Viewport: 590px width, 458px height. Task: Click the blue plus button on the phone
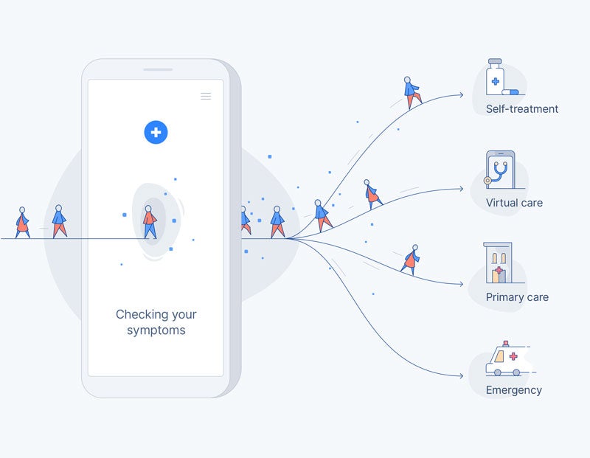pyautogui.click(x=156, y=133)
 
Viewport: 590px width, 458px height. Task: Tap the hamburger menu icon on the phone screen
pyautogui.click(x=206, y=96)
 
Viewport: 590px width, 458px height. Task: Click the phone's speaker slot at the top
pyautogui.click(x=158, y=70)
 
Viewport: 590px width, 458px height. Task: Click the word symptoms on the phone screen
pyautogui.click(x=156, y=330)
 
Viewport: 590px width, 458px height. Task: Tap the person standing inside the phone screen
pyautogui.click(x=150, y=221)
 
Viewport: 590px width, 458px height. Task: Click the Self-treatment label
pyautogui.click(x=521, y=109)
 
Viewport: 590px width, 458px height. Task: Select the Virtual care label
pyautogui.click(x=514, y=203)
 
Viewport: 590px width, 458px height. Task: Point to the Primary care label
pyautogui.click(x=517, y=297)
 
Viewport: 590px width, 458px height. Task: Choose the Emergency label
pyautogui.click(x=513, y=390)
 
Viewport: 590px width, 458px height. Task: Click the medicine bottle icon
pyautogui.click(x=496, y=77)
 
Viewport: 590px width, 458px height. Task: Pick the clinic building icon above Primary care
pyautogui.click(x=499, y=263)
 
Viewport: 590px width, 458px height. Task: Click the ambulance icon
pyautogui.click(x=506, y=360)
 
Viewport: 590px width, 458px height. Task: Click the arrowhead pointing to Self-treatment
pyautogui.click(x=461, y=94)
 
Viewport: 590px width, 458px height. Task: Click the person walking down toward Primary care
pyautogui.click(x=410, y=260)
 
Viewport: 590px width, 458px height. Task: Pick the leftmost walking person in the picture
pyautogui.click(x=23, y=222)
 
